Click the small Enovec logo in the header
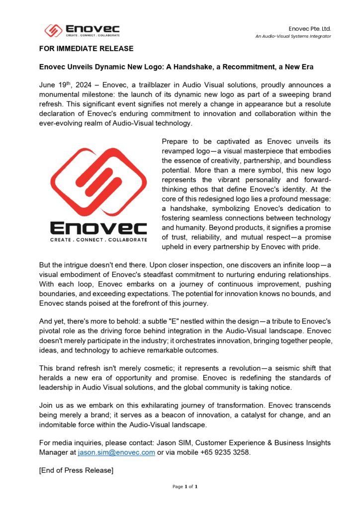coord(82,30)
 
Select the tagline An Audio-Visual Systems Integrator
coord(293,36)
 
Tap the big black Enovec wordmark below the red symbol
coord(98,228)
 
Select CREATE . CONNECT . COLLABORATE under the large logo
coord(98,240)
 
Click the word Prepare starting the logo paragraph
coord(177,141)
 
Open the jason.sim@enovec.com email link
coord(116,452)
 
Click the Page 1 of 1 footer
coord(185,487)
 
